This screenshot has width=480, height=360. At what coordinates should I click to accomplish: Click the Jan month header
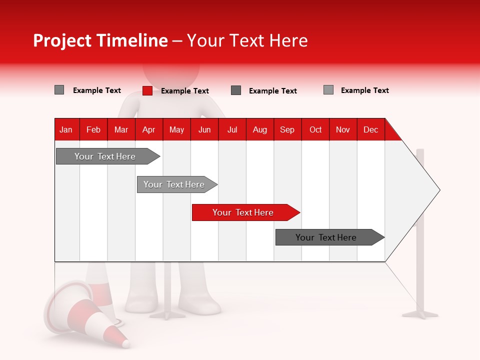point(66,129)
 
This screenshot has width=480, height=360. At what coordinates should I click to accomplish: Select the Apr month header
point(149,129)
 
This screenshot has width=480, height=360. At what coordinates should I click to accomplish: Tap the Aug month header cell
point(260,129)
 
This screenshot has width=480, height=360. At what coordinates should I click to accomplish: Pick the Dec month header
point(370,129)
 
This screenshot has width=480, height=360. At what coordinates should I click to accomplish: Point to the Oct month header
point(315,129)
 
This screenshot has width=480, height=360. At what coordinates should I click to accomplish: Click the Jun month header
point(204,129)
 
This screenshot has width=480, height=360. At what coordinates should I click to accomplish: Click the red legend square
point(147,90)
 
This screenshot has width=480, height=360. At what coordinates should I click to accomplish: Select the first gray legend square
point(59,90)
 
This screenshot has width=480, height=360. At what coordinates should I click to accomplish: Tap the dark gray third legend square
point(236,90)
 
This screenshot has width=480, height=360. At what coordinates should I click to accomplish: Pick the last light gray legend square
point(328,90)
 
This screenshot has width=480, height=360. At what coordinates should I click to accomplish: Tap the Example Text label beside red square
point(184,91)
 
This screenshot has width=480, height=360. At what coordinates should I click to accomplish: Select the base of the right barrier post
point(420,314)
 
